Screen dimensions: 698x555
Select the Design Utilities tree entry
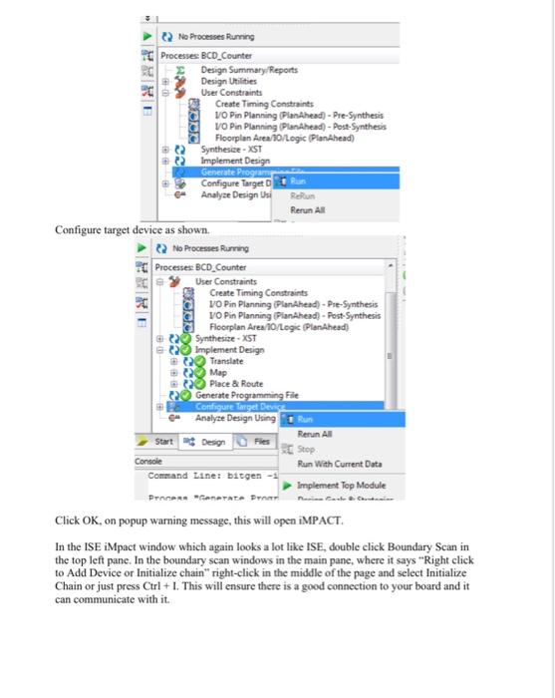tap(227, 80)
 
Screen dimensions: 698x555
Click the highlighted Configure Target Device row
tap(233, 407)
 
